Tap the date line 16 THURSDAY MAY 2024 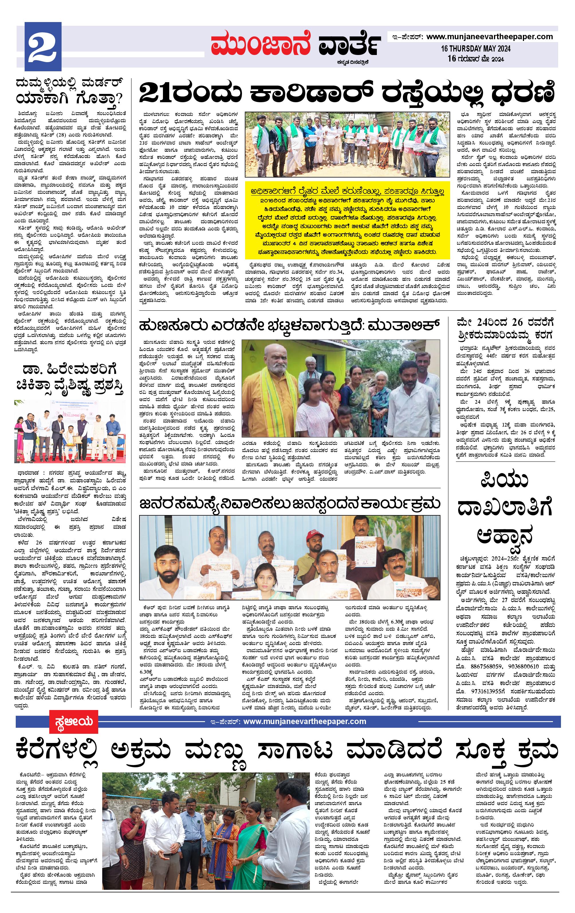coord(475,49)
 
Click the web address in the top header coord(489,37)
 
